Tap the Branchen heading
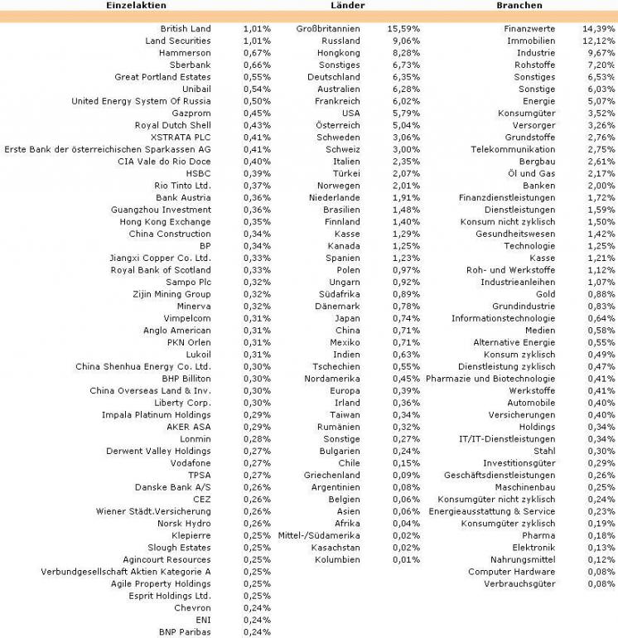521,6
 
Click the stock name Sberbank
190,65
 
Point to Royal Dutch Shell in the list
172,125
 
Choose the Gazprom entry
191,113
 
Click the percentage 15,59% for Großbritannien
403,28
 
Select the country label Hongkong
339,52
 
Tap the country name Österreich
337,125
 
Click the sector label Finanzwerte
529,28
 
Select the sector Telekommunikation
513,149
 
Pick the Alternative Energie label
514,342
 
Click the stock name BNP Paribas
186,632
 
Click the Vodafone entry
191,463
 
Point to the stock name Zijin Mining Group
171,294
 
